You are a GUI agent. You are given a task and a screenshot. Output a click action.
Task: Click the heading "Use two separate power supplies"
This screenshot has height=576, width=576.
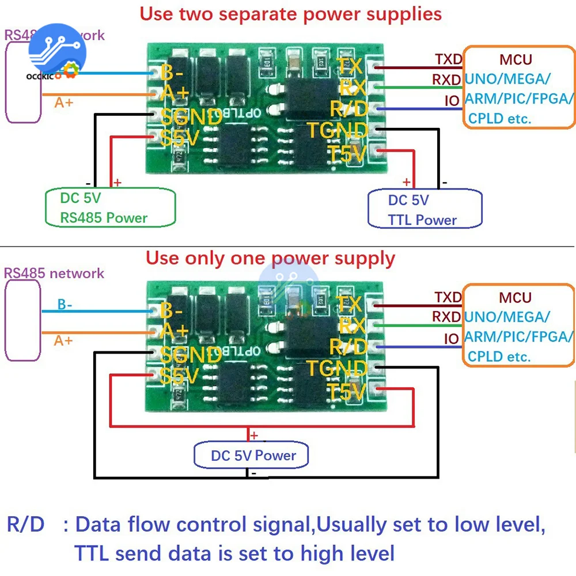(x=291, y=13)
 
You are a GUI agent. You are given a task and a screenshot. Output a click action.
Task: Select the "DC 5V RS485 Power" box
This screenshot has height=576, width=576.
(x=109, y=208)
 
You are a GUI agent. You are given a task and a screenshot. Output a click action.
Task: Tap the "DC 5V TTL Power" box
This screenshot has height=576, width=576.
(x=425, y=209)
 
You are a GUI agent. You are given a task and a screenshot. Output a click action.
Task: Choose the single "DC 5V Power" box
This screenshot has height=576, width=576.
(x=253, y=456)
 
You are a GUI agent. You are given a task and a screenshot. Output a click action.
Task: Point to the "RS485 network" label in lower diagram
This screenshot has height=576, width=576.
(x=54, y=273)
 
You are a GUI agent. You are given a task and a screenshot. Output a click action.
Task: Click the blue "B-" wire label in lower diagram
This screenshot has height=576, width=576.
(x=65, y=305)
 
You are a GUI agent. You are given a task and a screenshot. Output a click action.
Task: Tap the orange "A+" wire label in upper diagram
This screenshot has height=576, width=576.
(x=64, y=103)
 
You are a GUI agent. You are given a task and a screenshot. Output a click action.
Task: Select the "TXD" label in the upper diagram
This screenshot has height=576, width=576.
(x=448, y=59)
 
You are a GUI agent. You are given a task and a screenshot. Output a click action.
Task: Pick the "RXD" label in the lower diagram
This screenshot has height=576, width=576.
(x=446, y=317)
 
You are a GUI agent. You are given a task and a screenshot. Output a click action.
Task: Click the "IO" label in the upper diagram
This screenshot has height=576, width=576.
(x=452, y=101)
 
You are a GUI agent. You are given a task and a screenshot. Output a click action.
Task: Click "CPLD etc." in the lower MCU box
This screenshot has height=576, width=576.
(x=499, y=357)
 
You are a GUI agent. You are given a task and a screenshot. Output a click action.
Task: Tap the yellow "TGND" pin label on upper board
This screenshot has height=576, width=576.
(x=337, y=130)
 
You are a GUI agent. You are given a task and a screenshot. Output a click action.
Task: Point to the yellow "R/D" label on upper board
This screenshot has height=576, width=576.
(x=348, y=108)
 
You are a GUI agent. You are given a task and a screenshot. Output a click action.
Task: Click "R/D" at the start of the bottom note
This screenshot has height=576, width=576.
(x=25, y=525)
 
